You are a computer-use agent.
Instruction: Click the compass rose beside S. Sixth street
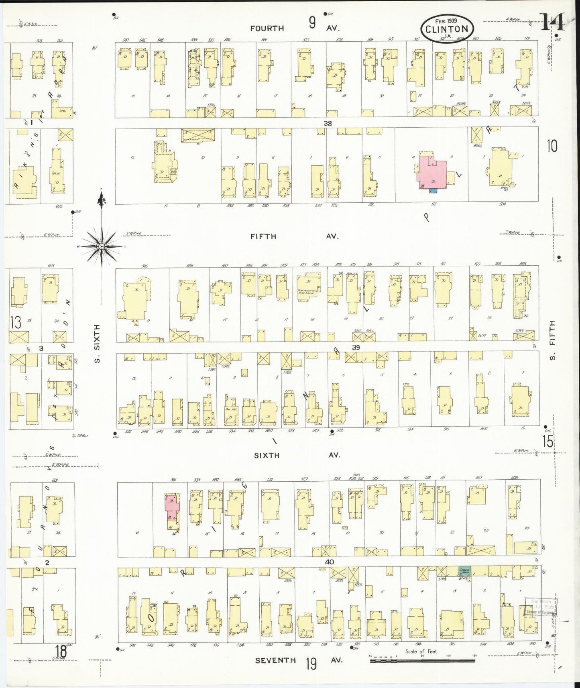point(102,246)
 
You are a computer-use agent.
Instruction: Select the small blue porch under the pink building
point(432,191)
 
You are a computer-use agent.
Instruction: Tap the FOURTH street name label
point(267,28)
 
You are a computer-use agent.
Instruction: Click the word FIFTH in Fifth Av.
point(263,236)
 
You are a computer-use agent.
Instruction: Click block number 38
point(328,124)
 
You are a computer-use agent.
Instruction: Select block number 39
point(356,348)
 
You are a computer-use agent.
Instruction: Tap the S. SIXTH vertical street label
point(97,344)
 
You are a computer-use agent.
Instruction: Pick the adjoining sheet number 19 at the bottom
point(311,664)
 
